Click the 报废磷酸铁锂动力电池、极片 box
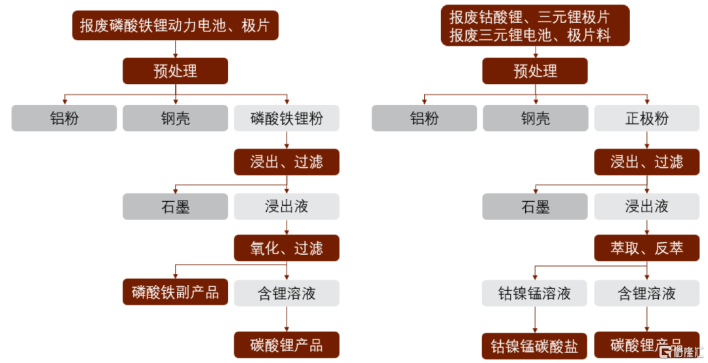pos(175,26)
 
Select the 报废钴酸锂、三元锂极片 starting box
pos(535,26)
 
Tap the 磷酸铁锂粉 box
pos(286,119)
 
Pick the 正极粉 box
pos(646,119)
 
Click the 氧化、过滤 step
pos(286,248)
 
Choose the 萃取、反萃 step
pos(646,248)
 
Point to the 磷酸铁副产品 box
pos(175,292)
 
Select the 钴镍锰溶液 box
pos(535,293)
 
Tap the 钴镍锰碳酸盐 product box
pos(535,346)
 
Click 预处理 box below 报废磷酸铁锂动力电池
pos(175,71)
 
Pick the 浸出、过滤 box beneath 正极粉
pos(646,162)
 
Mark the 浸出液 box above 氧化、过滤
pos(286,206)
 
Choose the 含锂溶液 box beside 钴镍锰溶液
pos(646,293)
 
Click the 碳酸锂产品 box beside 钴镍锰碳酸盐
pos(646,345)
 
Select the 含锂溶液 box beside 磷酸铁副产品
pos(286,293)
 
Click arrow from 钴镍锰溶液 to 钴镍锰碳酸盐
pos(535,320)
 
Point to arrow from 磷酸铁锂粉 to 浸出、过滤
pos(286,140)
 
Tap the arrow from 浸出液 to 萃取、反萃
pos(647,227)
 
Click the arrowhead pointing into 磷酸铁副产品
pos(175,276)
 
